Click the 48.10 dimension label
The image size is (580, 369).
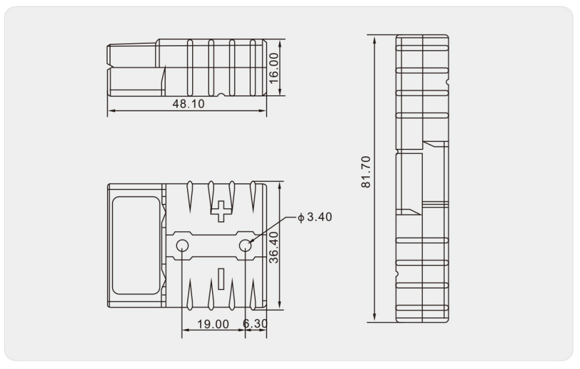coord(188,104)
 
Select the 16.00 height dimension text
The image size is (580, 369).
coord(273,68)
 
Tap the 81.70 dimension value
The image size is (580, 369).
coord(366,172)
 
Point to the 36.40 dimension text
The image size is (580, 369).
coord(273,248)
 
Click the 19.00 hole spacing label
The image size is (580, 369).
coord(213,324)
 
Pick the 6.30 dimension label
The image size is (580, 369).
coord(255,324)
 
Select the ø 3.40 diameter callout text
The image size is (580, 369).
coord(315,217)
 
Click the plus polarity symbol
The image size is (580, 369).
coord(221,211)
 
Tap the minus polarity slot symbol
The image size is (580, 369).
coord(221,279)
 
